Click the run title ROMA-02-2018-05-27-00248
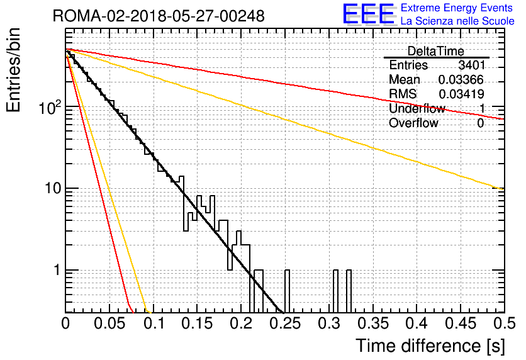tap(159, 16)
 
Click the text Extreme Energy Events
tap(457, 8)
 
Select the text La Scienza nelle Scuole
tap(457, 21)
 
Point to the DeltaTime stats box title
tap(436, 50)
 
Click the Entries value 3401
tap(471, 65)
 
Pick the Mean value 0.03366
tap(461, 80)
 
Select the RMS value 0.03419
tap(461, 94)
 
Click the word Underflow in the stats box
tap(417, 109)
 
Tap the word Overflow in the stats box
tap(413, 123)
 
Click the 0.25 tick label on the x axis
tap(284, 323)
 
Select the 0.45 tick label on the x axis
tap(459, 323)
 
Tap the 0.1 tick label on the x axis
tap(153, 323)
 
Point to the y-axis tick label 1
tap(56, 271)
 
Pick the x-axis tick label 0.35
tap(372, 323)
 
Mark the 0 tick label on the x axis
tap(65, 323)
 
